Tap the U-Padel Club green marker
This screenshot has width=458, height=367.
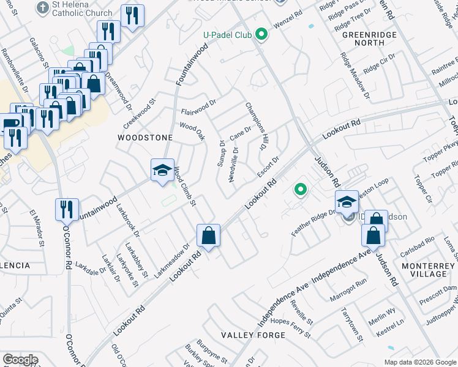[x=262, y=34]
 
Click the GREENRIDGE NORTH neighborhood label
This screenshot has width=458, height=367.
[x=367, y=39]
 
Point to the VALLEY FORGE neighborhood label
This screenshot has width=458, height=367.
[x=253, y=335]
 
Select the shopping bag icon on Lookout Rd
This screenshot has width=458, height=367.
[x=208, y=235]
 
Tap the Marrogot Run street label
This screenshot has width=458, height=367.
[x=348, y=283]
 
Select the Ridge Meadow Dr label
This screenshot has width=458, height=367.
[x=356, y=76]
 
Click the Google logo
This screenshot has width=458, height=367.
[x=20, y=360]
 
